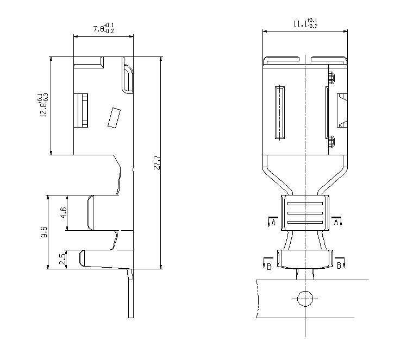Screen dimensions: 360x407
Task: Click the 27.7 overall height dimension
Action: coord(157,163)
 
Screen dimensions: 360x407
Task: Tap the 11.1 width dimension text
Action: coord(305,23)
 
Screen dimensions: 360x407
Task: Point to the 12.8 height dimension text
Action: coord(43,104)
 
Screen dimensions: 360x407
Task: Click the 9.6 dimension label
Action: coord(43,232)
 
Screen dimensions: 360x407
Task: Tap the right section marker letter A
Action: coord(336,222)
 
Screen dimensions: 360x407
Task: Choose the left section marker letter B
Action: coord(270,266)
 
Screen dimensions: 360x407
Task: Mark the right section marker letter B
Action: coord(339,266)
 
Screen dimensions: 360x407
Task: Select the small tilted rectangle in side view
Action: coord(114,117)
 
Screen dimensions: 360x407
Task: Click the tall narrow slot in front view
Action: coord(280,112)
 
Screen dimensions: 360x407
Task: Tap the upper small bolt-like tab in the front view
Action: coord(330,78)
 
